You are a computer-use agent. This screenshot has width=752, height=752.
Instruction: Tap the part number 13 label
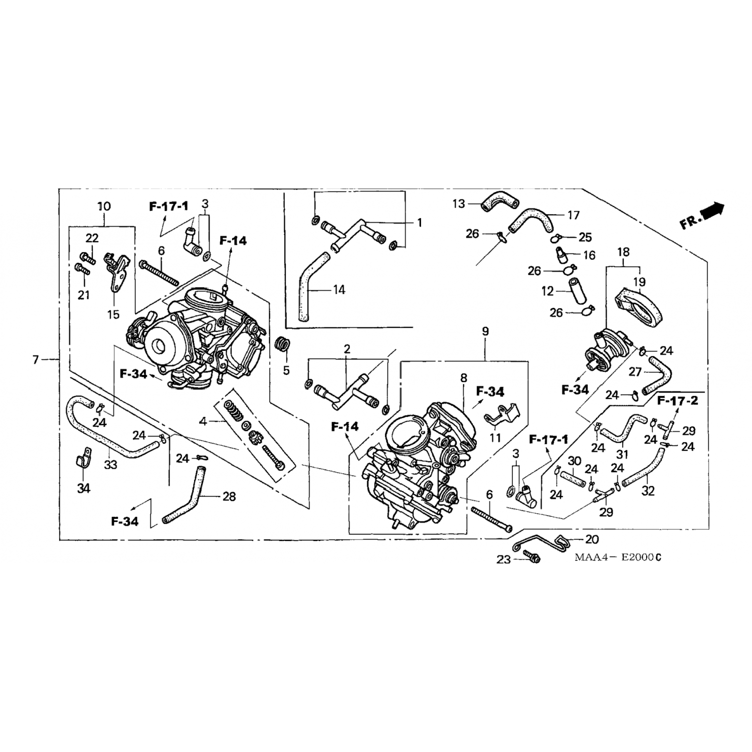tap(459, 204)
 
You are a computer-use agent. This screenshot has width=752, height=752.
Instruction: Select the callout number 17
tap(574, 215)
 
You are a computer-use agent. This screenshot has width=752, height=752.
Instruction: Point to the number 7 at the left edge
tap(36, 359)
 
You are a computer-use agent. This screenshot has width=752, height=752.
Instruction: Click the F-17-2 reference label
tap(677, 401)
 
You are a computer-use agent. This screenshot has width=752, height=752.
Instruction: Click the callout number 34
tap(83, 488)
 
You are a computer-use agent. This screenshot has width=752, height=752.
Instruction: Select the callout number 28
tap(229, 496)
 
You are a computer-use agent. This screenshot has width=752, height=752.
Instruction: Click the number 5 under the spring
tap(286, 370)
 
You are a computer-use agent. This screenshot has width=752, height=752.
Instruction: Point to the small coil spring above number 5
tap(284, 345)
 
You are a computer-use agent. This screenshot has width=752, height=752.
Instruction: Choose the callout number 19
tap(639, 282)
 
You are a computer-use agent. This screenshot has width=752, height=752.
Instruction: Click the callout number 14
tap(339, 289)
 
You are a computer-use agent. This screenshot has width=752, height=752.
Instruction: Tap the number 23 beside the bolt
tap(503, 559)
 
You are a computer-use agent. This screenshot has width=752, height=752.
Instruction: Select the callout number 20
tap(592, 539)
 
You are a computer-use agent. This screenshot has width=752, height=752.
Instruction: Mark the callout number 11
tap(495, 438)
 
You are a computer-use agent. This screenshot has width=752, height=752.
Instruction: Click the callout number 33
tap(110, 465)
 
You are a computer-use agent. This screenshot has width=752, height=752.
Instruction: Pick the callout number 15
tap(113, 314)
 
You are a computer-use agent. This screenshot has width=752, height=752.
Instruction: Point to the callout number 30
tap(574, 461)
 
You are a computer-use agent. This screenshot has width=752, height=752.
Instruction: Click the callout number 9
tap(485, 331)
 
